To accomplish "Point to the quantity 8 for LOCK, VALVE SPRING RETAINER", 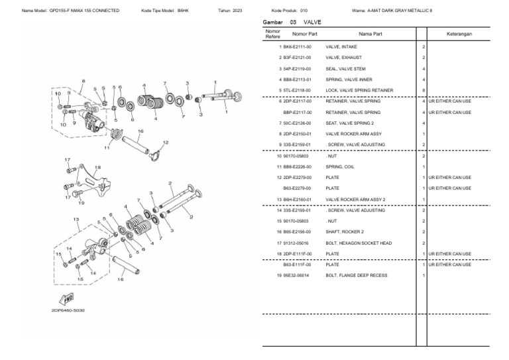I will pos(423,91).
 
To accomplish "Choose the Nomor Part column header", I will pos(304,33).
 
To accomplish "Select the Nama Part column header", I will pos(370,33).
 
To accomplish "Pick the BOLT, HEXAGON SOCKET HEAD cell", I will pos(359,243).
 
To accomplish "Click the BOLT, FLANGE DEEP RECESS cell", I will pos(356,275).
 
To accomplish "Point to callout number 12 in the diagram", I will pos(165,143).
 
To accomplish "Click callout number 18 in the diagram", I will pos(97,167).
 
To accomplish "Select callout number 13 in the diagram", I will pos(76,219).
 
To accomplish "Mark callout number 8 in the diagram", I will pos(83,81).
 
